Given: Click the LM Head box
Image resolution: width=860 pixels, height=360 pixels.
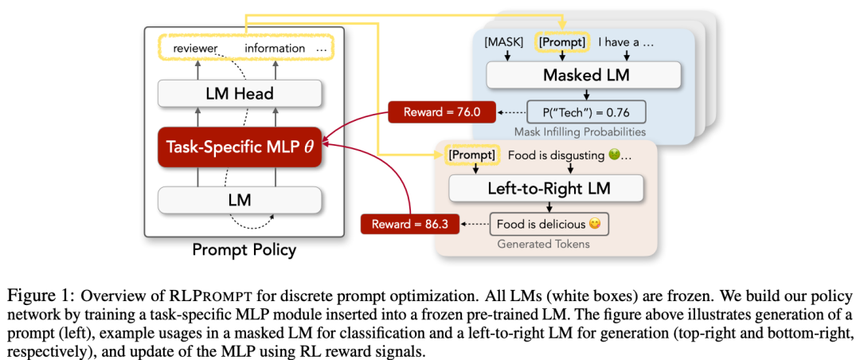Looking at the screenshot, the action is coord(239,93).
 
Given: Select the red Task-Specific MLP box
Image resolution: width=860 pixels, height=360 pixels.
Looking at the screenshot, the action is coord(239,147).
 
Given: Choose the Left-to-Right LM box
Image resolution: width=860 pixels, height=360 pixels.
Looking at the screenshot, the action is coord(545,190).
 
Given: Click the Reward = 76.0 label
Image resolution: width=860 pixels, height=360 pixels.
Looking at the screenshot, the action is coord(442,112).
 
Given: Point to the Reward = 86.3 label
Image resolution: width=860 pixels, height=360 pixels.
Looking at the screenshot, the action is coord(409,224).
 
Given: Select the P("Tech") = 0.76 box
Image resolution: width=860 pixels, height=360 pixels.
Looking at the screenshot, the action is coord(586,112).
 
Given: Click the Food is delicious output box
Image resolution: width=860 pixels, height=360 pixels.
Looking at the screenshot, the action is coord(549,224).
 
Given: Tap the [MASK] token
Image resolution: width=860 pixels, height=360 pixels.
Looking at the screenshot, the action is coord(504,41).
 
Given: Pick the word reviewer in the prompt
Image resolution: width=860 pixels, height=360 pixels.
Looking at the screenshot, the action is coord(196,49).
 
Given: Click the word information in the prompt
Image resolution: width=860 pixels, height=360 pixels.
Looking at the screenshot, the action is coord(275,49).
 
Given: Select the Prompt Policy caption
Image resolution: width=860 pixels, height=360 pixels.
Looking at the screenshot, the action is coord(244,251).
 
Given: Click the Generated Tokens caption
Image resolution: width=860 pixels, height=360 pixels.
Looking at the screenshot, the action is coord(544,244).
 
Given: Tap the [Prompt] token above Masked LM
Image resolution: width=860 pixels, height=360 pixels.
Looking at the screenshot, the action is coord(563,41).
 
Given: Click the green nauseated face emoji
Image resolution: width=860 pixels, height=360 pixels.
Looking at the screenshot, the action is coord(614,155).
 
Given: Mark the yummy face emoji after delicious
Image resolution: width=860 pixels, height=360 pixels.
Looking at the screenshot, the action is coord(594,224).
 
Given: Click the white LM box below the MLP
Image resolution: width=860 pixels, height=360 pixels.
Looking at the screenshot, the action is coord(239,200).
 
